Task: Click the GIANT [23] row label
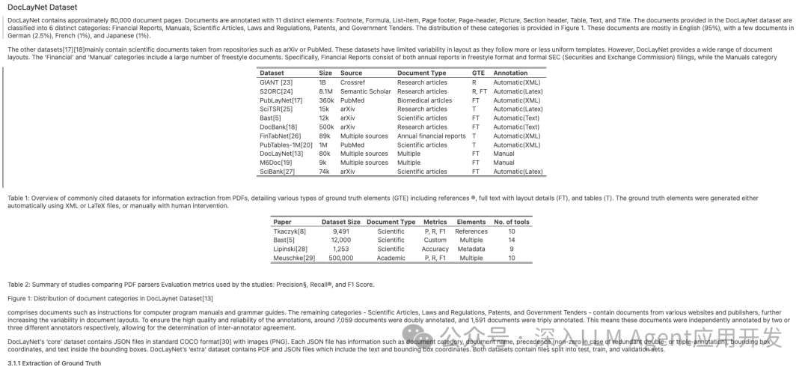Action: point(275,82)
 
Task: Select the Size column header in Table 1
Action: point(325,73)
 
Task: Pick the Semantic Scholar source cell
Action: point(365,91)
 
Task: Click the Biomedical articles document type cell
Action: point(424,100)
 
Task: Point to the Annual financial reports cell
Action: point(431,136)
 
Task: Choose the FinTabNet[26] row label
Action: point(279,136)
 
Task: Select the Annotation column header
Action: point(510,73)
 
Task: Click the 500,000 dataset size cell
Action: point(340,258)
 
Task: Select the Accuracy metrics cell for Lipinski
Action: point(435,249)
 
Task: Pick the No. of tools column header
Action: point(512,222)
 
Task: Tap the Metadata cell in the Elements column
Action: point(471,249)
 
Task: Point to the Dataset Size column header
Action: point(340,222)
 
